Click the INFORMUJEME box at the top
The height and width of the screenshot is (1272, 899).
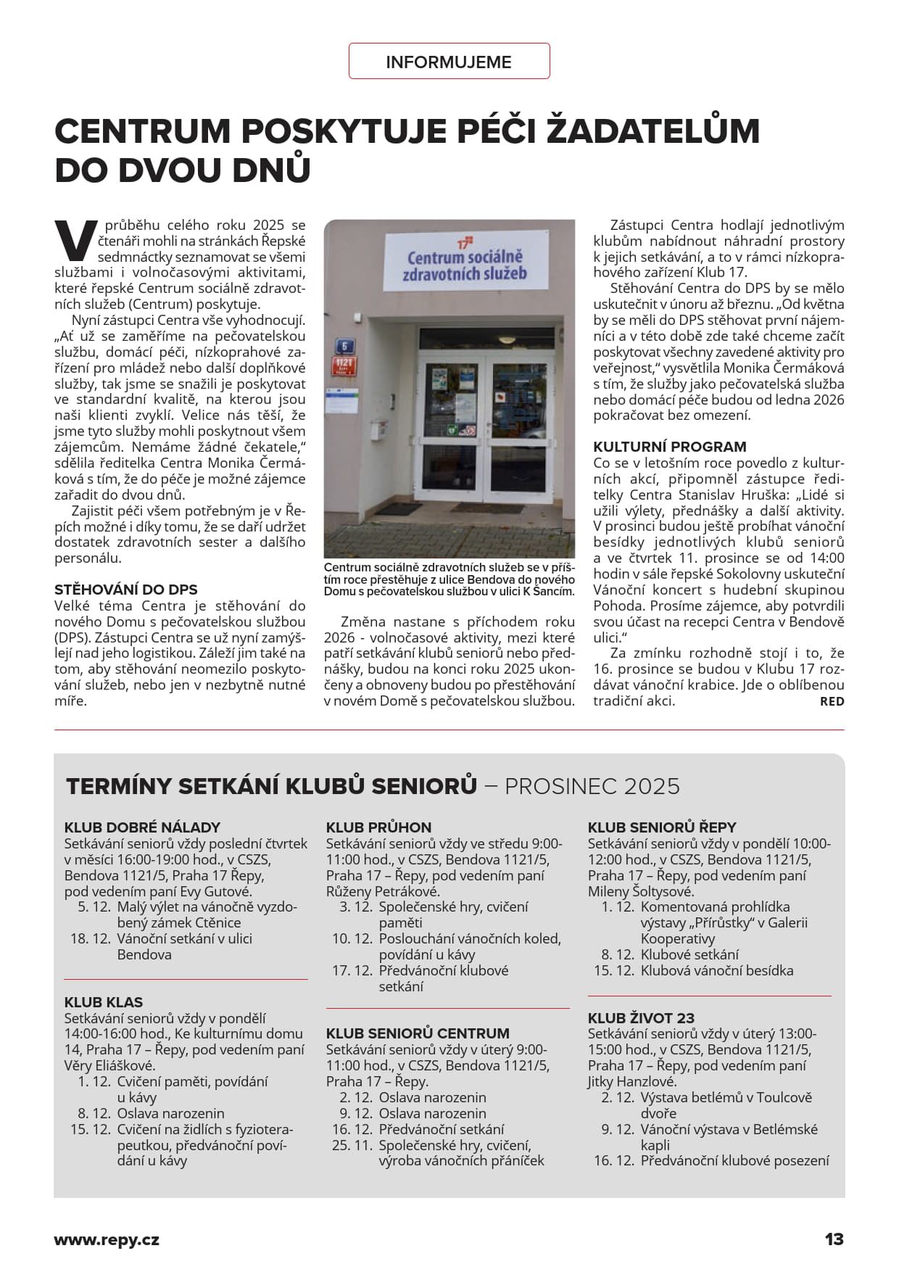[x=449, y=62]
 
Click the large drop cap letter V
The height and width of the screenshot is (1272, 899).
[x=75, y=241]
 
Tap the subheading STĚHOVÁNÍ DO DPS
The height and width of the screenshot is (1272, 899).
[x=126, y=590]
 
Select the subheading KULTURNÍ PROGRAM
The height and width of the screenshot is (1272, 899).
[x=669, y=447]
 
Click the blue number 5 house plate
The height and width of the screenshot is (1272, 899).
[x=344, y=346]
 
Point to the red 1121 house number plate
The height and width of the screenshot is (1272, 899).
[x=344, y=366]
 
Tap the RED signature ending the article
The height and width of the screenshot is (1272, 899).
[x=832, y=701]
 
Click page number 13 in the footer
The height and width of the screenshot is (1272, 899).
[x=834, y=1239]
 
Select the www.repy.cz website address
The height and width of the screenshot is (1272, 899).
[x=107, y=1239]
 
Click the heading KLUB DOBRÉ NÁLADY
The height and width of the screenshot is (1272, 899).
[x=142, y=827]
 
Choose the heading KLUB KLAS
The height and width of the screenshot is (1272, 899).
[x=104, y=1002]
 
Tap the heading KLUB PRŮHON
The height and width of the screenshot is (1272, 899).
[x=378, y=827]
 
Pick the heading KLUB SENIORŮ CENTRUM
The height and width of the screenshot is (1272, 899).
[x=418, y=1033]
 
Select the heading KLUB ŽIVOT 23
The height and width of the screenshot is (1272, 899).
[x=641, y=1018]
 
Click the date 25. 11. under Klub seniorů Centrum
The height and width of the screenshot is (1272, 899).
[x=352, y=1145]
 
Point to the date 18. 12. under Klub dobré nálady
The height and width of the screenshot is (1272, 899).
[x=91, y=938]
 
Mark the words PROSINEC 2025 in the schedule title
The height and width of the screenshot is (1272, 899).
[x=592, y=786]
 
